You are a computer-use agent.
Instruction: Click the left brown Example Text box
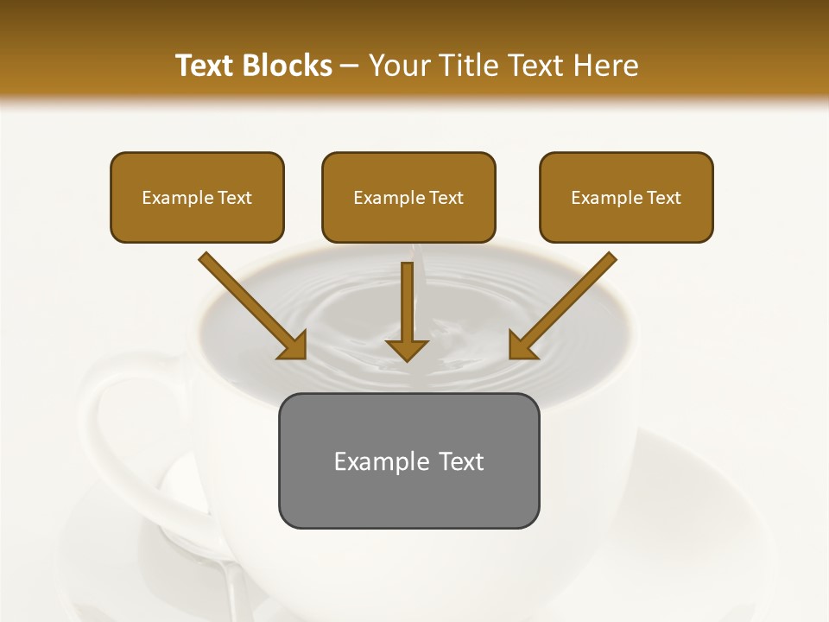pyautogui.click(x=197, y=197)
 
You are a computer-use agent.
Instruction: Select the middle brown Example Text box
pyautogui.click(x=408, y=197)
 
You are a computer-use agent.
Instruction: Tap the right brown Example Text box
pyautogui.click(x=626, y=197)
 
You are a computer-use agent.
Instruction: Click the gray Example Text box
pyautogui.click(x=408, y=460)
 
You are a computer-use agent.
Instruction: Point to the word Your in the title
pyautogui.click(x=398, y=66)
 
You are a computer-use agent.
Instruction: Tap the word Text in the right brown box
pyautogui.click(x=663, y=198)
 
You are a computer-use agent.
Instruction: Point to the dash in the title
pyautogui.click(x=350, y=67)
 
